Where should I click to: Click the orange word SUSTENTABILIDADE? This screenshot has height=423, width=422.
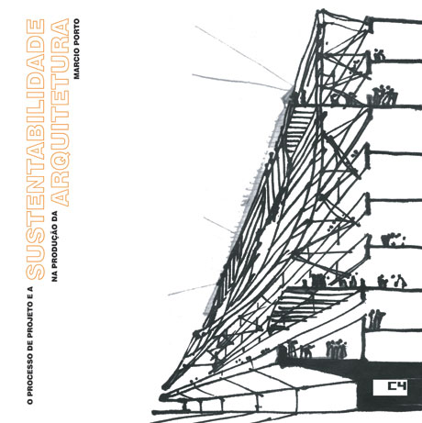(x=36, y=150)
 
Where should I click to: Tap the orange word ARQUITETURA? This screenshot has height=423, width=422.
(x=60, y=112)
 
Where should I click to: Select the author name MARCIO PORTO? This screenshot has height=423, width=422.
(x=76, y=49)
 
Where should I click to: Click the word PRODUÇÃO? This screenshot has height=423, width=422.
(x=55, y=246)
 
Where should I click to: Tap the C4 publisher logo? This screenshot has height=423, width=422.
(x=390, y=388)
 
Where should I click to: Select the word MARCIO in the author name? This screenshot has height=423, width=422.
(x=76, y=62)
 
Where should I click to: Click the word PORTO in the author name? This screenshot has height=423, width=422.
(x=76, y=31)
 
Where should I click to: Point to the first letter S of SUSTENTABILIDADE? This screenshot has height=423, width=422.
(x=36, y=273)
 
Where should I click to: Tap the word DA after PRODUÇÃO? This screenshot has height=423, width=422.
(x=55, y=215)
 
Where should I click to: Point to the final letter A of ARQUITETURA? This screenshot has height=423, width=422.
(x=60, y=27)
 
